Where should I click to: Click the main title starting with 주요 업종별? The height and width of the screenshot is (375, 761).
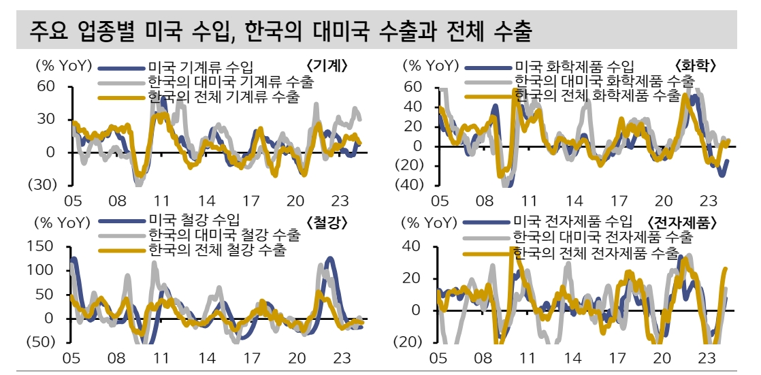(279, 31)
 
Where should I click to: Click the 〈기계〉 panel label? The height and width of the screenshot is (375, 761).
(327, 66)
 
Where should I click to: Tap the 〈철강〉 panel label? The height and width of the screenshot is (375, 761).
(327, 222)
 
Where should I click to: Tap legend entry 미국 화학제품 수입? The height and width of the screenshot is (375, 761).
(574, 67)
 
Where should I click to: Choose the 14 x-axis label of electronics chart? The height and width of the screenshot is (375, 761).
(572, 358)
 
